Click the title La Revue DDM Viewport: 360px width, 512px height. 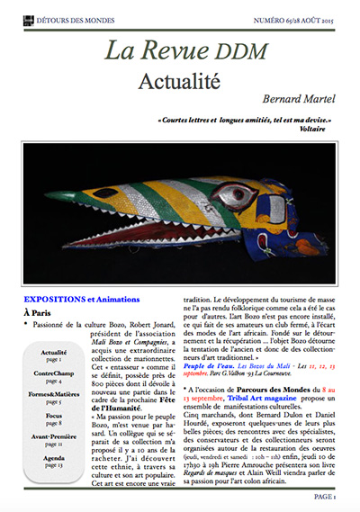180,51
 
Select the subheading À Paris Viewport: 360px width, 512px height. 40,311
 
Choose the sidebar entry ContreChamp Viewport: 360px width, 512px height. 54,373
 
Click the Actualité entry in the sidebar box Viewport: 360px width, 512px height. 54,353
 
